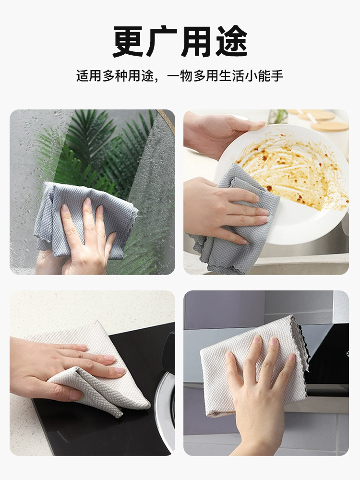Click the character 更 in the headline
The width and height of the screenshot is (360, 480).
pyautogui.click(x=128, y=41)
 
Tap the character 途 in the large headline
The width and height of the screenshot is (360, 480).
pyautogui.click(x=231, y=41)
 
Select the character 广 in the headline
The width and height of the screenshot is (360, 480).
pyautogui.click(x=162, y=41)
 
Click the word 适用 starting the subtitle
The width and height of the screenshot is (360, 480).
pyautogui.click(x=89, y=76)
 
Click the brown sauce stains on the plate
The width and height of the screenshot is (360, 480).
pyautogui.click(x=291, y=171)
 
